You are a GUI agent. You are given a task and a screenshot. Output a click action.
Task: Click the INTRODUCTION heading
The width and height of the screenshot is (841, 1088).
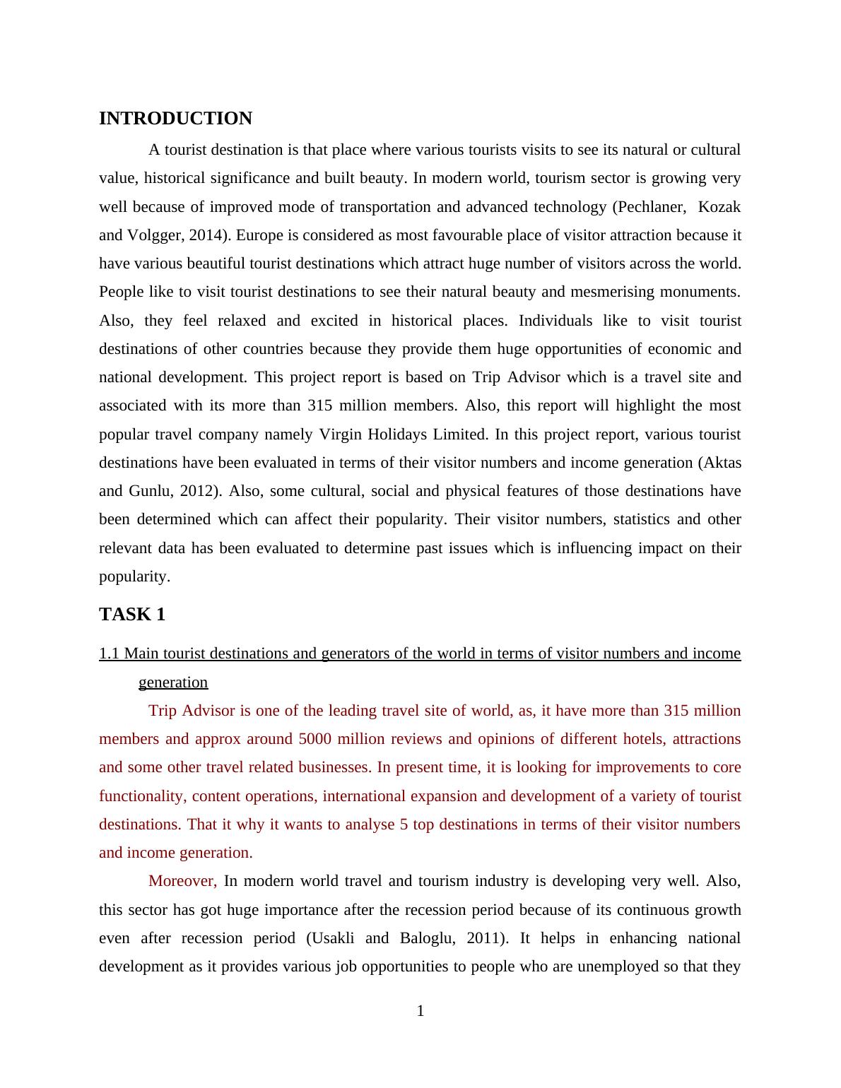(175, 119)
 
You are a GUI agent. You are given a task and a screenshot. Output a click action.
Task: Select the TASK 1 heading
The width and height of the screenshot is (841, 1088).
(132, 615)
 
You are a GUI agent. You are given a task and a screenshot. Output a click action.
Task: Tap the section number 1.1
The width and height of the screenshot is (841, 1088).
(110, 654)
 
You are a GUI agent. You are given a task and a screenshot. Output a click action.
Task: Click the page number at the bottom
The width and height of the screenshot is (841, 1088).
(420, 1011)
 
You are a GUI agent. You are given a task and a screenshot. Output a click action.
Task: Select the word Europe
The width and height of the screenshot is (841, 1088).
(261, 235)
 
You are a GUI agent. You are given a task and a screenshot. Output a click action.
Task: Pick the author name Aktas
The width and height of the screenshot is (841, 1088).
(722, 463)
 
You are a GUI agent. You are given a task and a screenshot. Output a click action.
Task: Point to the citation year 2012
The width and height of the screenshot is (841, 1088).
(196, 491)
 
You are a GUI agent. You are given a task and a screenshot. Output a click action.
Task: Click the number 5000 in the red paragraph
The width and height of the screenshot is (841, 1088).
(317, 739)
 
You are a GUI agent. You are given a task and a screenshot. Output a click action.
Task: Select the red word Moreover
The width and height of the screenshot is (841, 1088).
(182, 881)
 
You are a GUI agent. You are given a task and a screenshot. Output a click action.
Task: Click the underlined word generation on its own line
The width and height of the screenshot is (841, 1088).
(173, 682)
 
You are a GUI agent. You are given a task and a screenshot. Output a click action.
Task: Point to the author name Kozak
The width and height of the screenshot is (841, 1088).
(719, 207)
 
